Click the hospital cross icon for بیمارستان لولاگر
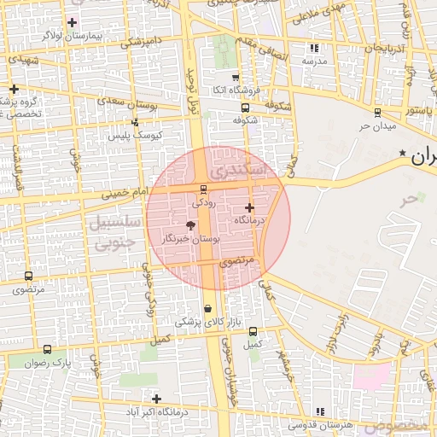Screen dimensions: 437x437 (x=71, y=22)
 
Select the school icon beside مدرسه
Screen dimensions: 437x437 (x=314, y=49)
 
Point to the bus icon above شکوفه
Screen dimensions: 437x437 (x=246, y=108)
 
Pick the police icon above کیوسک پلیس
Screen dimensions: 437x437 (x=135, y=123)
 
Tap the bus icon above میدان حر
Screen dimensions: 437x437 (x=377, y=112)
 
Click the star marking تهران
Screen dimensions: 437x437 (x=403, y=153)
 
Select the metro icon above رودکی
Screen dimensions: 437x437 (x=203, y=189)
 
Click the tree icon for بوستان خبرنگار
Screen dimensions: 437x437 (x=190, y=225)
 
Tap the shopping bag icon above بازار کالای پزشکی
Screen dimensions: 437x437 (x=208, y=308)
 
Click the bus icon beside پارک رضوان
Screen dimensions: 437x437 (x=47, y=349)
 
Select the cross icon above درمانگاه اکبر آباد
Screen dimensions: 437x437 (x=156, y=399)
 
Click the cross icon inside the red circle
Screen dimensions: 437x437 (x=249, y=207)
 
